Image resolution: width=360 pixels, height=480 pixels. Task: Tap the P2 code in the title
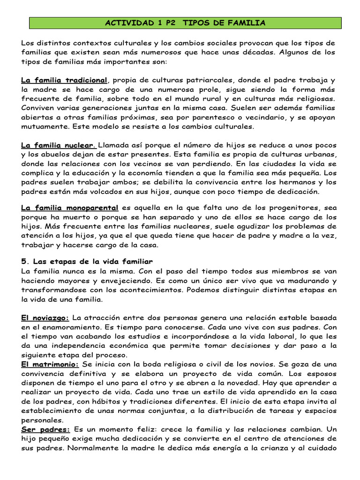point(167,22)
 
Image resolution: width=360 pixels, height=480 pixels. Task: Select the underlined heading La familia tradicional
point(64,80)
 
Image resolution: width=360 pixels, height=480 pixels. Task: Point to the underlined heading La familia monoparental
point(69,207)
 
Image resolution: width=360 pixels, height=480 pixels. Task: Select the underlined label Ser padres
point(45,429)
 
